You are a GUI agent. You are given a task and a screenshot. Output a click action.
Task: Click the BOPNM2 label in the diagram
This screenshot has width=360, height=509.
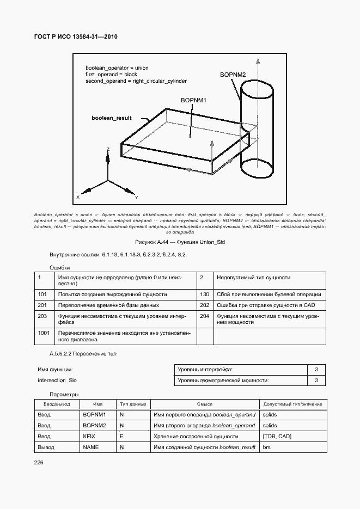(233, 75)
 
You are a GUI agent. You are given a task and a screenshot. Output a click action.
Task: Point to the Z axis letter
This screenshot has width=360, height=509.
(108, 149)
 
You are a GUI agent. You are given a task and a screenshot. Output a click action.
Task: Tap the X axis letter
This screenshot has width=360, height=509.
(78, 197)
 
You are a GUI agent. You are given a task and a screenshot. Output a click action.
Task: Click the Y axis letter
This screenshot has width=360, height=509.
(136, 197)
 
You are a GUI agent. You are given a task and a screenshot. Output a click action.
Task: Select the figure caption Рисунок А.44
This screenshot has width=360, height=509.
(180, 241)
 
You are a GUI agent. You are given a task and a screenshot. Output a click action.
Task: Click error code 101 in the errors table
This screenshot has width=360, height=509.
(42, 294)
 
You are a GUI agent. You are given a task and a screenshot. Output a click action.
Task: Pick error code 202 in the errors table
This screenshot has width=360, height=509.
(205, 305)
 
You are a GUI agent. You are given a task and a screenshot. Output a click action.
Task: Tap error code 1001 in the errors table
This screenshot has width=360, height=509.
(44, 332)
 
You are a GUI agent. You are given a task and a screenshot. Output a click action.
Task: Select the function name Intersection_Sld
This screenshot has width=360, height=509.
(57, 381)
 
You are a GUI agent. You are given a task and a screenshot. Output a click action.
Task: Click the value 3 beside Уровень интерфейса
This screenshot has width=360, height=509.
(316, 370)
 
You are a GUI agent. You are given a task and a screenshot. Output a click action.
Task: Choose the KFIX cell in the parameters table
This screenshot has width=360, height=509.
(89, 436)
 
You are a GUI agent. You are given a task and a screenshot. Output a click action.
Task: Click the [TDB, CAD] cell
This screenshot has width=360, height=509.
(277, 436)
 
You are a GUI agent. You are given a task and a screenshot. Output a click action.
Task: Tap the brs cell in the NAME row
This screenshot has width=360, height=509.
(266, 447)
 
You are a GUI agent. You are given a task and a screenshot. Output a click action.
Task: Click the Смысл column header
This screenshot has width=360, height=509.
(205, 404)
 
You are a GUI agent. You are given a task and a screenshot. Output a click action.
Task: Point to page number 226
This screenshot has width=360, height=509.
(39, 462)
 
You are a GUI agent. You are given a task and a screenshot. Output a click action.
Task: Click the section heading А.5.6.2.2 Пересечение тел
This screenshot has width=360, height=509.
(83, 354)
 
